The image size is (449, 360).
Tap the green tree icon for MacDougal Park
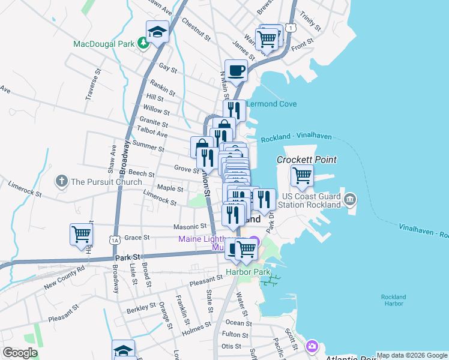[x=143, y=43]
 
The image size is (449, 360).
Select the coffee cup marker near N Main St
[x=237, y=70]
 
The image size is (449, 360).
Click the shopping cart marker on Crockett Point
[x=302, y=175]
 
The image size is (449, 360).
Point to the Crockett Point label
[x=306, y=160]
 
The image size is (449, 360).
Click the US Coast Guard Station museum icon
[x=350, y=199]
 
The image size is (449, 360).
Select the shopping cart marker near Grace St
[x=81, y=235]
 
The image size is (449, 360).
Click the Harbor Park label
[x=245, y=271]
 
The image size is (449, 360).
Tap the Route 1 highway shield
[x=291, y=28]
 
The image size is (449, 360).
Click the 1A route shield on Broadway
[x=114, y=239]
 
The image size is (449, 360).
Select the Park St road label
[x=127, y=257]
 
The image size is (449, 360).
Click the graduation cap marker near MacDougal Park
[x=157, y=31]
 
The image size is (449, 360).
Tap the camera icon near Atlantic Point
[x=312, y=346]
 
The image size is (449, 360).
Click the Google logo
[x=20, y=352]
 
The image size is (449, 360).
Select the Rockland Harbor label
[x=393, y=300]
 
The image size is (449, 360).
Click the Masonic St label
[x=190, y=227]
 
